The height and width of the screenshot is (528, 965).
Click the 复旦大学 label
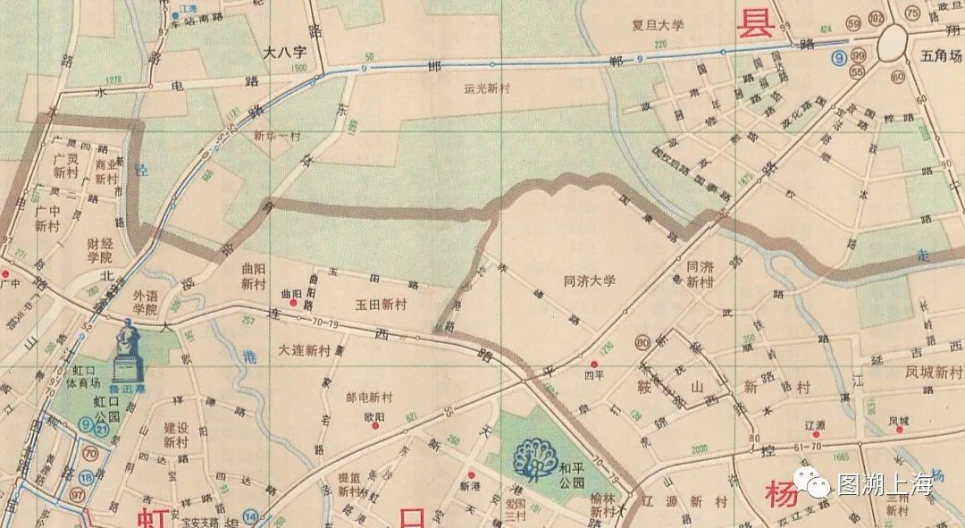[658, 25]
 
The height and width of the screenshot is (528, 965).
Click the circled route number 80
[643, 342]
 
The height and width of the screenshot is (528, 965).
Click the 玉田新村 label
[382, 305]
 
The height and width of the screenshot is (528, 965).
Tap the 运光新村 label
[486, 88]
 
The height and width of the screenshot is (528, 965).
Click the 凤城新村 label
[933, 370]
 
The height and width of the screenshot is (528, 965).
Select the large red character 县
[752, 23]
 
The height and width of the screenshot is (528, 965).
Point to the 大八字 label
[285, 53]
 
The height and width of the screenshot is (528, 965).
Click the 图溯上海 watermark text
[885, 485]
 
